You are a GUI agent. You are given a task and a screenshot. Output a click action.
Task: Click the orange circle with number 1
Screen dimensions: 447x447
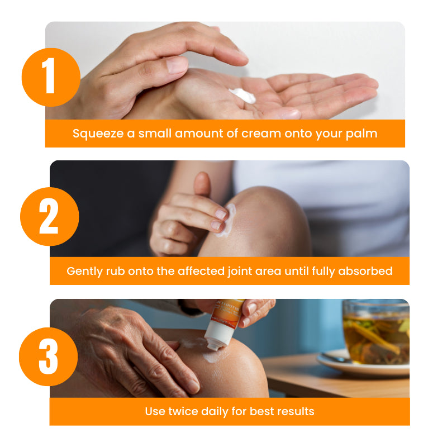pos(51,77)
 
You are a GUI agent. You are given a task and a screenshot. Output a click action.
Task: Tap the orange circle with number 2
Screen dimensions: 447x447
pos(50,216)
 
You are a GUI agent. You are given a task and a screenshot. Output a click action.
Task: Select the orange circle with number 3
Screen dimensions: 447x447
pos(49,356)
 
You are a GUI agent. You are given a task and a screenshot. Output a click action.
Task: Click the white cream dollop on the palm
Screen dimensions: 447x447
pos(243,95)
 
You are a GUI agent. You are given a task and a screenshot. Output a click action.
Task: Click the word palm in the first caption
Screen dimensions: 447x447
pos(362,134)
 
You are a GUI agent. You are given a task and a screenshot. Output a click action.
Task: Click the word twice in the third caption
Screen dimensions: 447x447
pos(183,411)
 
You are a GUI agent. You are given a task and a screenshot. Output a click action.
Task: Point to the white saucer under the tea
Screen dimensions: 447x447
pos(363,364)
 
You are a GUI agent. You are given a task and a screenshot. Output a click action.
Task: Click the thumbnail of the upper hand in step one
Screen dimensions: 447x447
pos(177,65)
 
